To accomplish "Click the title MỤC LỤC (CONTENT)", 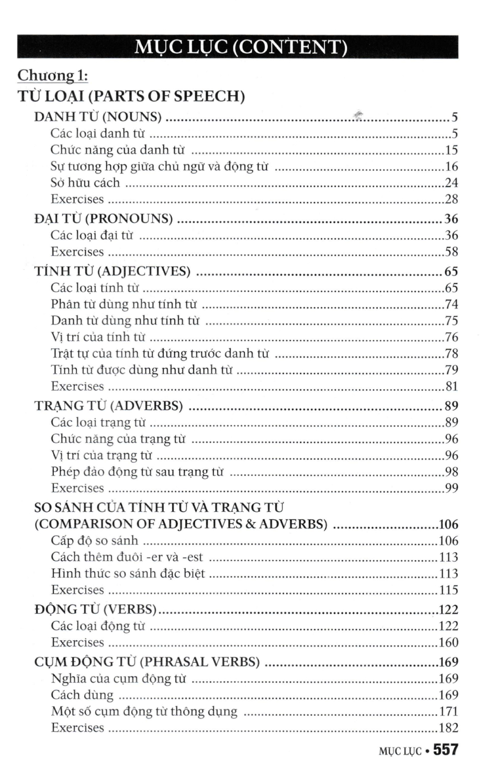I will click(240, 47).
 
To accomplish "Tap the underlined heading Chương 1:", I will click(52, 75).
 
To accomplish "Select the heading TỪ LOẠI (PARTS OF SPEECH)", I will click(131, 96).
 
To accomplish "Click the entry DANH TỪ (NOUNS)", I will click(98, 117).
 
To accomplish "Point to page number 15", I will click(451, 150).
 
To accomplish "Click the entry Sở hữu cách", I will click(85, 183).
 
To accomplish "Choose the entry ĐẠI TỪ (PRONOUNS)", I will click(104, 218).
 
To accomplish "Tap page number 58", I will click(451, 252).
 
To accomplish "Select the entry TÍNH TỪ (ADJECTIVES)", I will click(112, 271).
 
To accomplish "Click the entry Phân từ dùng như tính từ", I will click(124, 304).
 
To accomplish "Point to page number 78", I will click(451, 354).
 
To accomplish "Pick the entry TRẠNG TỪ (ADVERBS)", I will click(109, 406).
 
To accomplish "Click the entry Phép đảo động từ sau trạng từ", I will click(137, 472).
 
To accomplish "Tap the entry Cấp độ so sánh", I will click(95, 540).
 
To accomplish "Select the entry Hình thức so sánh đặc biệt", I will click(128, 573).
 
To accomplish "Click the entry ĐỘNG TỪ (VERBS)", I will click(96, 609).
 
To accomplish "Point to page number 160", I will click(448, 642).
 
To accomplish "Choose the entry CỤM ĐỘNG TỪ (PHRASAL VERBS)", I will click(147, 662).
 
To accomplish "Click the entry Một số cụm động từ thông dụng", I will click(144, 711).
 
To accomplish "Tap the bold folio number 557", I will click(446, 750).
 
